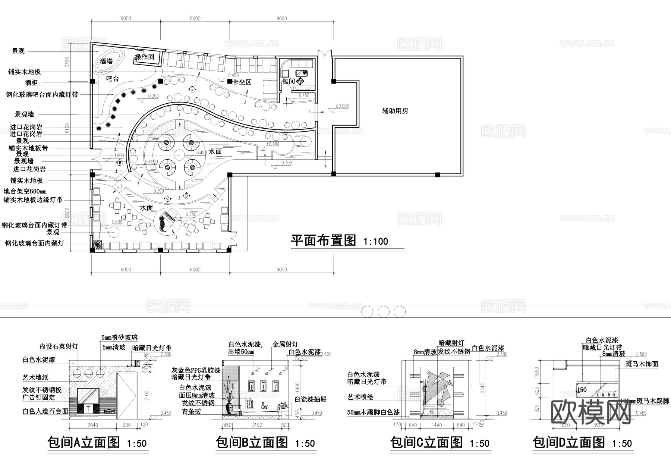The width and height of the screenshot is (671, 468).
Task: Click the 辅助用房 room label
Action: coord(395,111)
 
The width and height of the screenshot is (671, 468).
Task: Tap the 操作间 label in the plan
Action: coord(144,57)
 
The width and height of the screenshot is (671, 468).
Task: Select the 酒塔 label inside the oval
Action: coord(106,61)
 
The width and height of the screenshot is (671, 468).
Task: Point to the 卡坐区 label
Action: coord(242,82)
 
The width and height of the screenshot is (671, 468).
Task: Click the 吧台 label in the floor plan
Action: coord(112,79)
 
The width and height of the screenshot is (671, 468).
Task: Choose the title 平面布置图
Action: coord(323,241)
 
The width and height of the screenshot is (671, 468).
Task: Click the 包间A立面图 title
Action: coord(84,443)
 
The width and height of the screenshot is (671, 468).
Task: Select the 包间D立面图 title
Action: coord(569,443)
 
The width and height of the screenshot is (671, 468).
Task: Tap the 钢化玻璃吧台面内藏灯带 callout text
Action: coord(42,95)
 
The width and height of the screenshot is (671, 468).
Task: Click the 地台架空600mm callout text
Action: coord(25,192)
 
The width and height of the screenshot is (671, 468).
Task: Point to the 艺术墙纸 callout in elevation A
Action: coord(35,378)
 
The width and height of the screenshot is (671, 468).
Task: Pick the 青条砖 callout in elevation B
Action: coord(191,412)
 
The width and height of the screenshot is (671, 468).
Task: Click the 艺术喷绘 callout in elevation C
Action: coord(360,397)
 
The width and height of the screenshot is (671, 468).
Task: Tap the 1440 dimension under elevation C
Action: coord(437,425)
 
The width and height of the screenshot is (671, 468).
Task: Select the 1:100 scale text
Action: coord(375,242)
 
